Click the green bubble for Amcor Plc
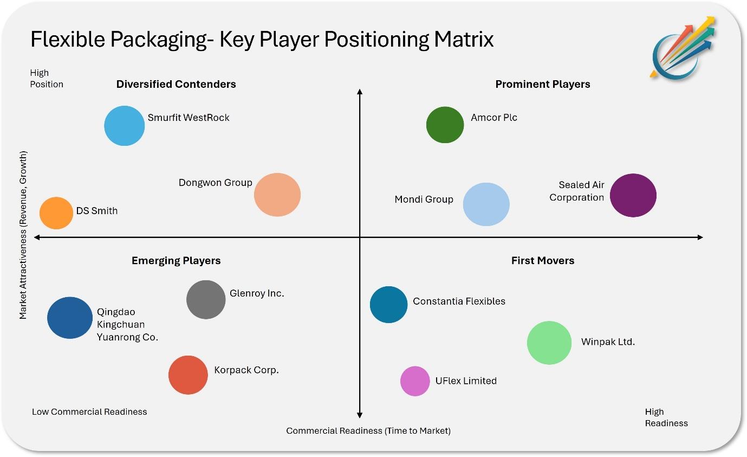coord(445,125)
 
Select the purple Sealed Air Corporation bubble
coord(633,195)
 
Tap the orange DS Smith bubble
coord(56,213)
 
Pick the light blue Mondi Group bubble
coord(486,204)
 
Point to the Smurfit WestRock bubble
coord(125,126)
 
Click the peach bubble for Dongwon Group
coord(277,195)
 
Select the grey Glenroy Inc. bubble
coord(206,299)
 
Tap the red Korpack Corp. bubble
coord(188,375)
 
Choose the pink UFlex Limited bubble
coord(415,381)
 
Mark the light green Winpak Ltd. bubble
coord(549,343)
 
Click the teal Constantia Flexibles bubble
coord(388,305)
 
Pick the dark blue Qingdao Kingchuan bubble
coord(70,318)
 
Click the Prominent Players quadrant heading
coord(543,84)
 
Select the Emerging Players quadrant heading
coord(176,260)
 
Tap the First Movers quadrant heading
coord(543,260)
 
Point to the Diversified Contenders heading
coord(176,84)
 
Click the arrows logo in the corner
coord(682,48)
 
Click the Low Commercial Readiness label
coord(89,411)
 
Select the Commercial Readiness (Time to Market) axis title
coord(368,430)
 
